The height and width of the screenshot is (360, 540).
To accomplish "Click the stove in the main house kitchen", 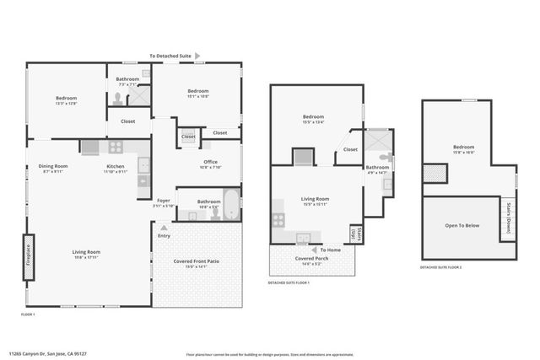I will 116,147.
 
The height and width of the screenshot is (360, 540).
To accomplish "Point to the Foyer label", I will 164,202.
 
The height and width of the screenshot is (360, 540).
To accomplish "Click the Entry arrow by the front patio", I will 163,228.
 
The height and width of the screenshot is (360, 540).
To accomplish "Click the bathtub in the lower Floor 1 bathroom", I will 229,205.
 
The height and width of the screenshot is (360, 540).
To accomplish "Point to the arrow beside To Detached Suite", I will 197,55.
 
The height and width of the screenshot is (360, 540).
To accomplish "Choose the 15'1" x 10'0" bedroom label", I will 198,93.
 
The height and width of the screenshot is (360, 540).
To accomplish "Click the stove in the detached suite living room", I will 278,219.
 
